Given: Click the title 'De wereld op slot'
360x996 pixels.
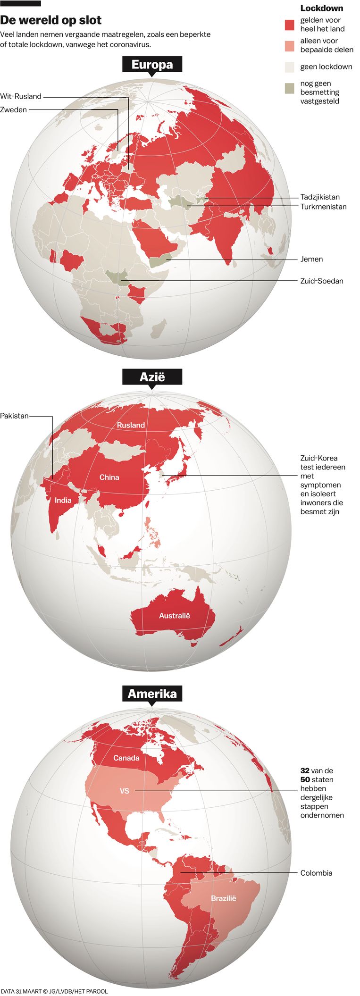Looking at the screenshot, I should click(x=51, y=20).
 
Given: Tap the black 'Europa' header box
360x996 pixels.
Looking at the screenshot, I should click(x=152, y=65).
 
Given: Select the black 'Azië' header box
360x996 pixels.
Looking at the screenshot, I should click(x=152, y=377).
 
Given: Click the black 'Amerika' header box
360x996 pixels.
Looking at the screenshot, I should click(x=152, y=694).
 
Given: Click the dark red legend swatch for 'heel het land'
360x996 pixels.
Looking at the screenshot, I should click(x=290, y=25).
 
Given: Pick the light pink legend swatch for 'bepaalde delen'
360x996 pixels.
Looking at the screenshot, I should click(x=290, y=45).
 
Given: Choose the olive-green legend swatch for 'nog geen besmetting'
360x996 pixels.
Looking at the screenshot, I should click(x=290, y=88).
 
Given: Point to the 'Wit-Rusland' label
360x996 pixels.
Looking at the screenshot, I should click(x=21, y=97).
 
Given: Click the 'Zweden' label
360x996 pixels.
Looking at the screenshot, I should click(x=14, y=110).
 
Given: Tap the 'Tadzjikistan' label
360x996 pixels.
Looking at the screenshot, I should click(x=320, y=197).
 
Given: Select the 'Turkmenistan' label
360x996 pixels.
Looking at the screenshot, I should click(x=323, y=207).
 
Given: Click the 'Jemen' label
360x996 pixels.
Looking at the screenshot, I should click(x=311, y=259).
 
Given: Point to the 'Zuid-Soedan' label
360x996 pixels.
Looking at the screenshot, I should click(x=322, y=281).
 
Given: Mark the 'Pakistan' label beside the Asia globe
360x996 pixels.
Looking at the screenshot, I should click(x=14, y=416).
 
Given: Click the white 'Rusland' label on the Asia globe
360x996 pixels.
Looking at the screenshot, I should click(x=131, y=425).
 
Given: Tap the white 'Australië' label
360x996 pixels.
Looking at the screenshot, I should click(x=174, y=616).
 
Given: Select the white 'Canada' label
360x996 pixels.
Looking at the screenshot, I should click(x=126, y=758).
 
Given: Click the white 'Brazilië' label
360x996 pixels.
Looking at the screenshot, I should click(x=223, y=898).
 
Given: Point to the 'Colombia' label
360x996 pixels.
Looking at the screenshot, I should click(x=316, y=873).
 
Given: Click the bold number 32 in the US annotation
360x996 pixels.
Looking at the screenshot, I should click(x=305, y=770).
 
